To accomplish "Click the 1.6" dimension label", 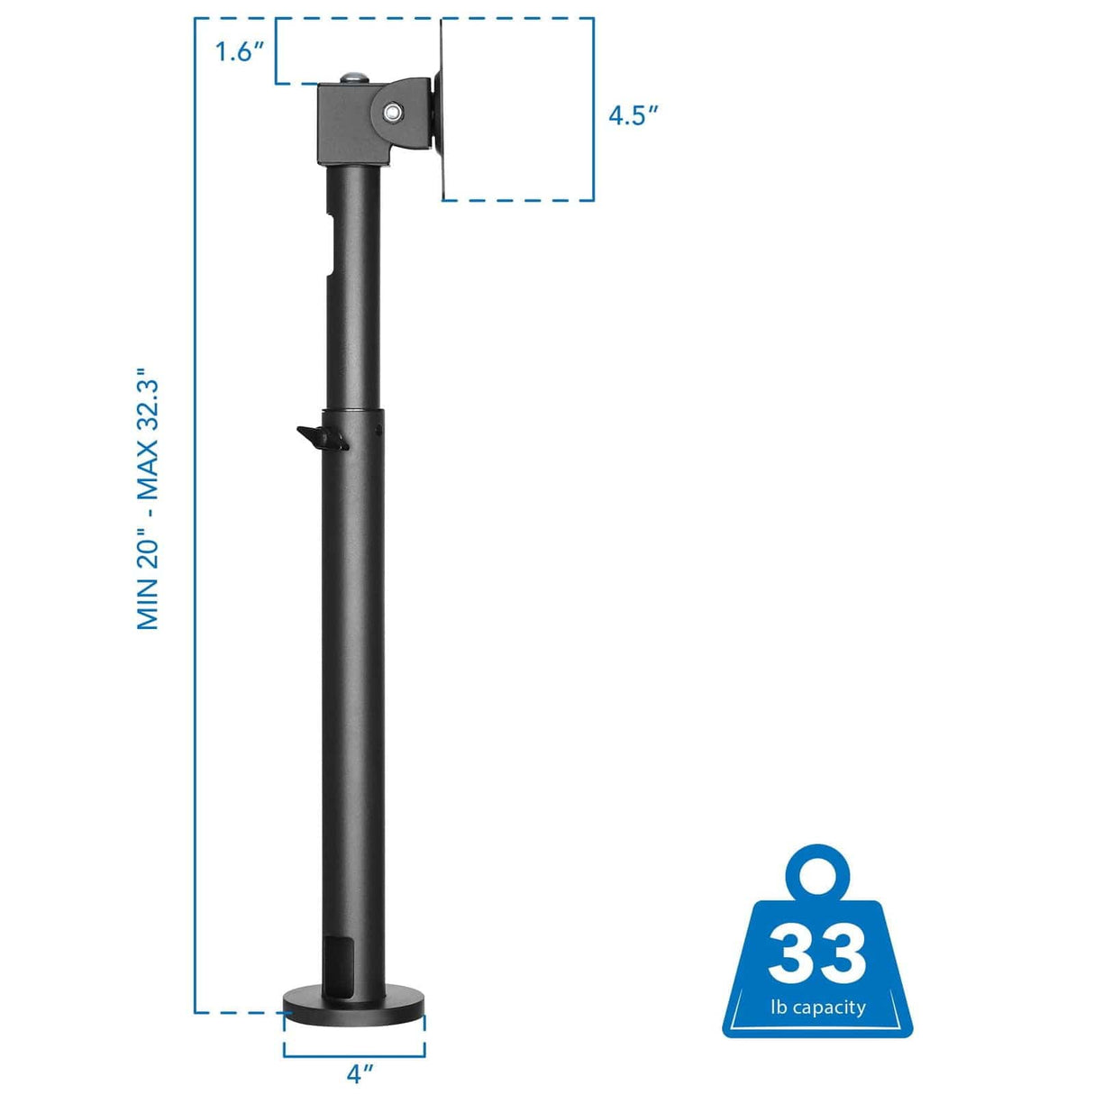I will tap(238, 51).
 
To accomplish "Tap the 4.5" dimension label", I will tap(634, 115).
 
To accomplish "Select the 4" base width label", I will tap(359, 1074).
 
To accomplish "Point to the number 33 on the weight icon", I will tap(816, 953).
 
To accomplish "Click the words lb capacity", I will tap(817, 1007).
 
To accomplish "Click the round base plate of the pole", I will tap(354, 1007).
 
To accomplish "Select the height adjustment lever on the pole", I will tap(320, 438).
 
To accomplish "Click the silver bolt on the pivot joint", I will tap(393, 112).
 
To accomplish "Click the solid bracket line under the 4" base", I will tap(354, 1055).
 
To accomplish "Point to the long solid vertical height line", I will tap(196, 514).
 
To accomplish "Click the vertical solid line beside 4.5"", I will tap(593, 108).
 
